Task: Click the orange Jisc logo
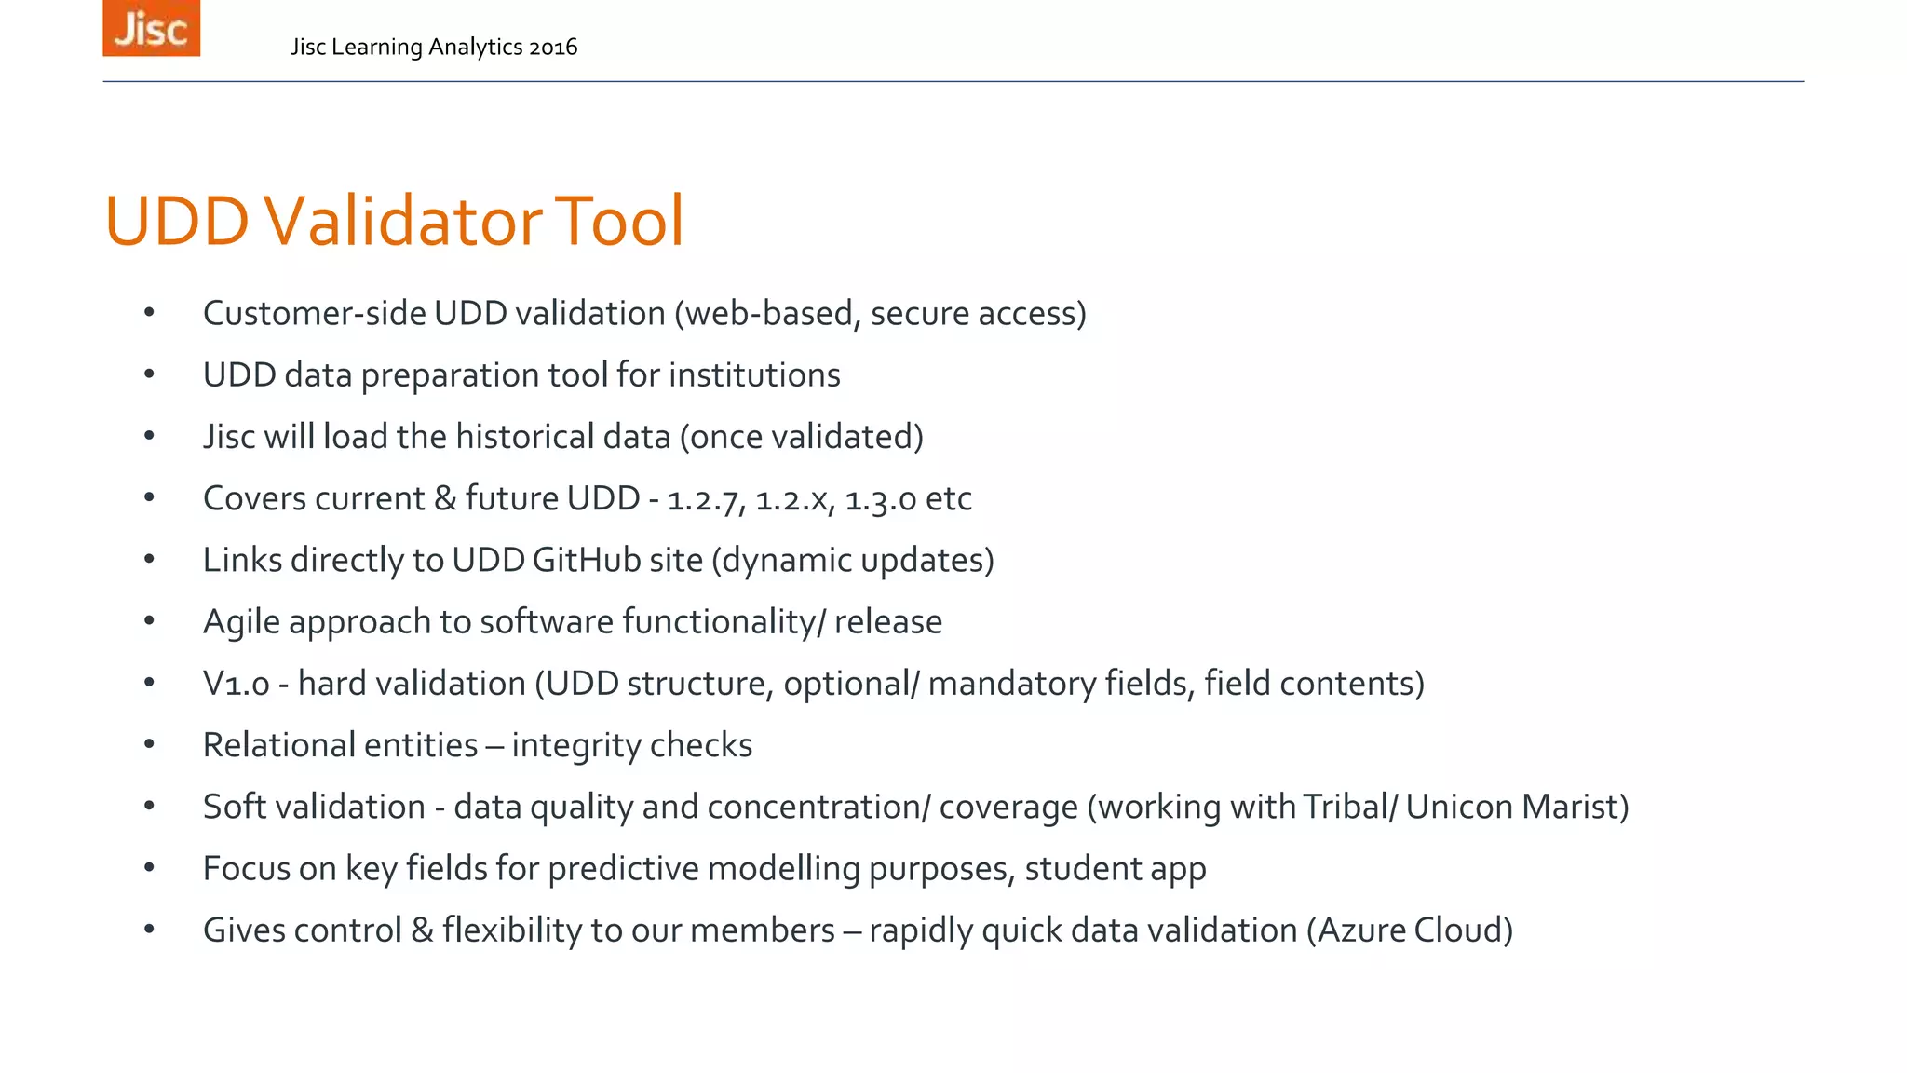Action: click(x=151, y=29)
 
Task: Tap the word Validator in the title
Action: click(x=402, y=222)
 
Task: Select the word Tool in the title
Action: click(x=618, y=222)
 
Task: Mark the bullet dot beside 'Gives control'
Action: click(x=149, y=930)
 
